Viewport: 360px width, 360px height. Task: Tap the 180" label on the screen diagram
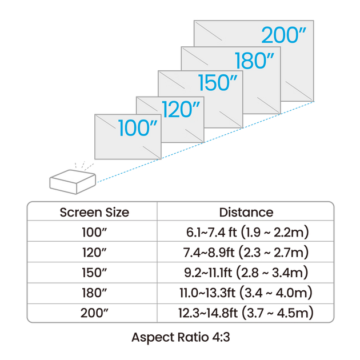254,59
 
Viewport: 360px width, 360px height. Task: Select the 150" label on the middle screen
217,83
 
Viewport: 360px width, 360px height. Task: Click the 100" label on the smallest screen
138,128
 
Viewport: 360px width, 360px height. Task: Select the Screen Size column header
94,212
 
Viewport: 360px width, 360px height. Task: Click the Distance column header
246,212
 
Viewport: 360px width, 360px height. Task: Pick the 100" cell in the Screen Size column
91,232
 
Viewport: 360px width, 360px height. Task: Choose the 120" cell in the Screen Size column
91,252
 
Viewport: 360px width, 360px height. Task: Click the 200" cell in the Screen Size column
91,313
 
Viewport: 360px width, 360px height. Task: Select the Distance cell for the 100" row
246,232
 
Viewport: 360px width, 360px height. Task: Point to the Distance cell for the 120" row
246,252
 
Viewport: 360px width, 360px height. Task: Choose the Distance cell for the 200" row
246,313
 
